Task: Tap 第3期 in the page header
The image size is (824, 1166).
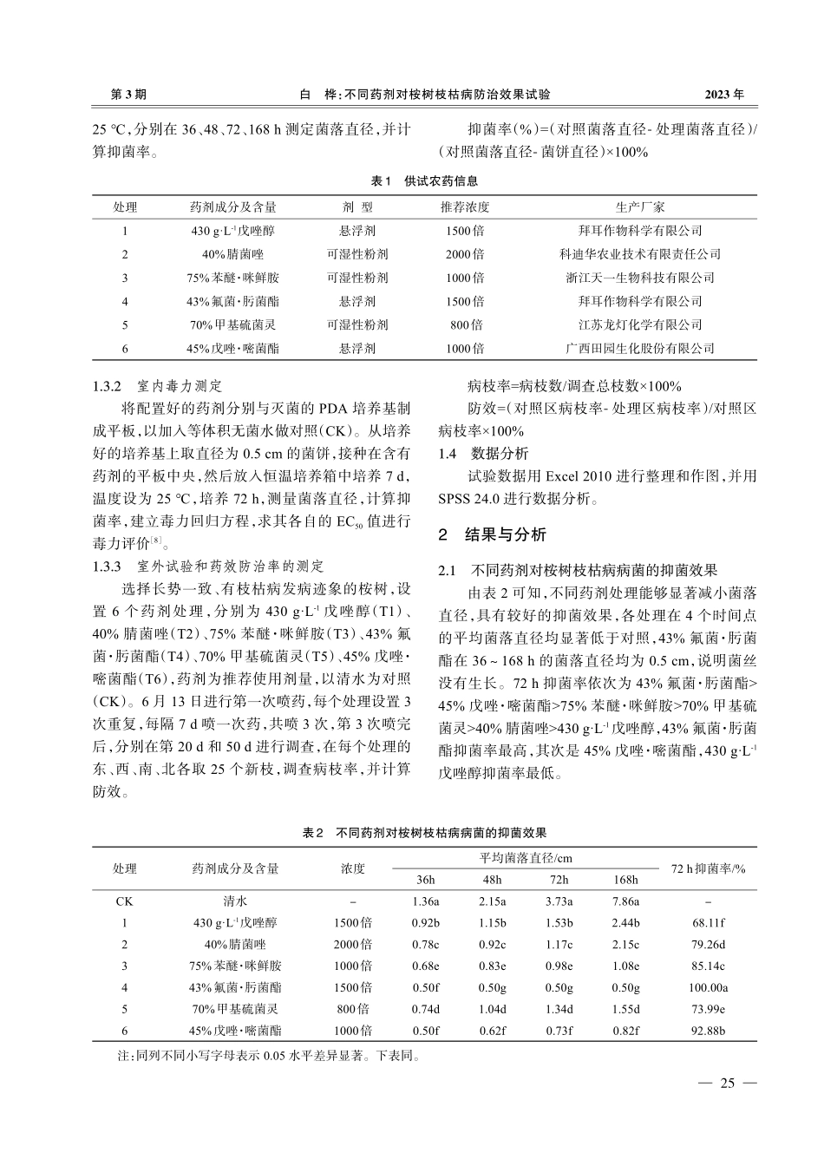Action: coord(129,93)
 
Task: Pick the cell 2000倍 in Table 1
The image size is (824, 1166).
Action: coord(465,254)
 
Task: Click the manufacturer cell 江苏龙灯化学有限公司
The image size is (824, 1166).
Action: coord(640,324)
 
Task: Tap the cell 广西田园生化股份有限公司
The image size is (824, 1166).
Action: coord(640,348)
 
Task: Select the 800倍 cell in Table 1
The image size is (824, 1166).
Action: coord(465,324)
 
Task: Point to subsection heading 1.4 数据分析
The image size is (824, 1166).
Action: coord(483,454)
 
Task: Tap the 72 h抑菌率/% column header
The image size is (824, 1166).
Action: coord(708,868)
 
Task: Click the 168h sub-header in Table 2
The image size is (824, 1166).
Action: coord(625,879)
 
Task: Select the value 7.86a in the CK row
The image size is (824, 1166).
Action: coord(625,901)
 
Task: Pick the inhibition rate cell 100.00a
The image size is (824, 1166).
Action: coord(708,987)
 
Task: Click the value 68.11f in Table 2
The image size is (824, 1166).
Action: coord(708,923)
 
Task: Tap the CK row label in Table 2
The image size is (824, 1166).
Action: coord(125,901)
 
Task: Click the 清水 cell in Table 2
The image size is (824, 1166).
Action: coord(236,901)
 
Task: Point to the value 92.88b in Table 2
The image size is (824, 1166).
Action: coord(708,1031)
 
